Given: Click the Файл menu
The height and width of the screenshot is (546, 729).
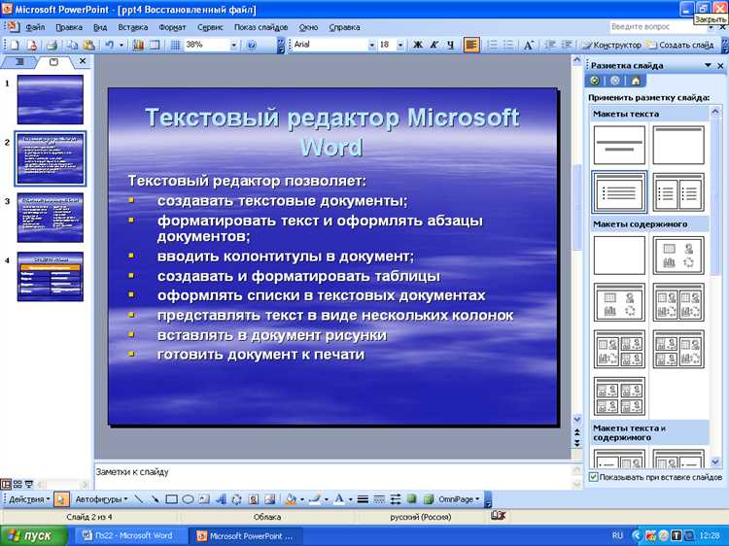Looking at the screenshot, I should (35, 28).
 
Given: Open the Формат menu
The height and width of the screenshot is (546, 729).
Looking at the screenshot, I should (172, 28).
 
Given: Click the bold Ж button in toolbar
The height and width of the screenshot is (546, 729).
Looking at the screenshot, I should (417, 45).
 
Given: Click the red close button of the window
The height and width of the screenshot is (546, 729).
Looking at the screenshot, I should (719, 8).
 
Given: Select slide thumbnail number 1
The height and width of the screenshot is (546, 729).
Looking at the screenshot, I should (51, 100).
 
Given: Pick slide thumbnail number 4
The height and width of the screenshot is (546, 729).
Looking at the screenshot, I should (51, 277).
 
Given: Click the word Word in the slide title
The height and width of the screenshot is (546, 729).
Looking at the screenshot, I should (331, 148).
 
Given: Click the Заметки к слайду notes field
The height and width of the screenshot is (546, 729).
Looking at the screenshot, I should (330, 473).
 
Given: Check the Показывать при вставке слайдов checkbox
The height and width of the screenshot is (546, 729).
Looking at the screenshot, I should (594, 477).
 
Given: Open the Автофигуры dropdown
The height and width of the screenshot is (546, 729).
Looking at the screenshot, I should (100, 499).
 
